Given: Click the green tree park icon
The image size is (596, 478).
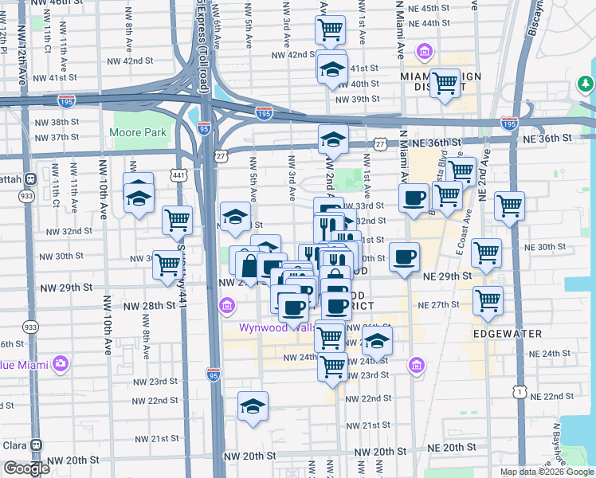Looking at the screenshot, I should click(x=586, y=83).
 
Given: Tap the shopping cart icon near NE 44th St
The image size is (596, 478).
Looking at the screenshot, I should click(x=330, y=31).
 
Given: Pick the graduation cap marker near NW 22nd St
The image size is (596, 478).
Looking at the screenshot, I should click(x=253, y=406).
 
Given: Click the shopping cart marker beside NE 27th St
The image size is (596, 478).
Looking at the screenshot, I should click(x=488, y=301).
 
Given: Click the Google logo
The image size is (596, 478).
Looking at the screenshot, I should click(x=26, y=468).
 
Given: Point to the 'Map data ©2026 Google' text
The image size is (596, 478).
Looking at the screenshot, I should click(x=546, y=472).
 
